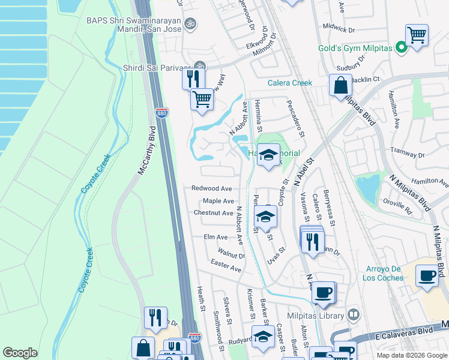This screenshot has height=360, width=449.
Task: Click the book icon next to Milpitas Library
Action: coord(354,315)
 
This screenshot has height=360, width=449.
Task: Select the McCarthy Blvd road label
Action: coord(147,150)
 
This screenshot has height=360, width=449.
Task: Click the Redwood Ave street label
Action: coord(211,188)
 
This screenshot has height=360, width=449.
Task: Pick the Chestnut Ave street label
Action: coord(213,213)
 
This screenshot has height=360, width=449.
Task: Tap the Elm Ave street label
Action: coord(215,238)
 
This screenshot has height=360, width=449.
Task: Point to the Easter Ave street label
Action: coord(226,265)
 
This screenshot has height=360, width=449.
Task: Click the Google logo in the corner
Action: coord(20,353)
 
